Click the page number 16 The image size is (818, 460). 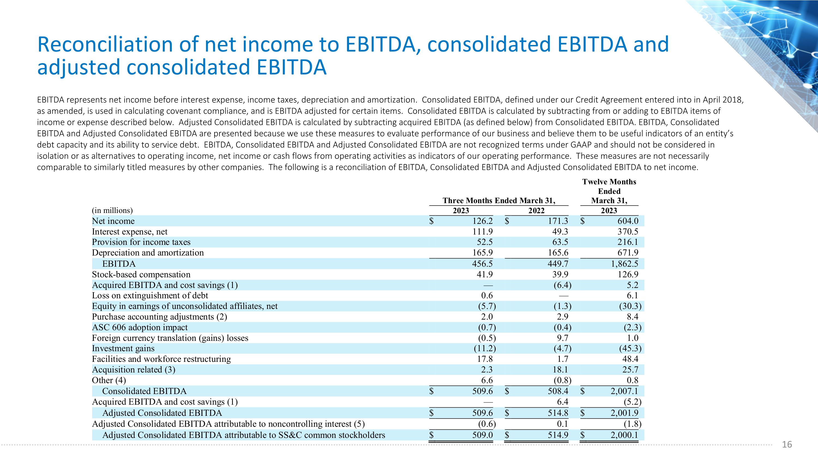[x=787, y=444]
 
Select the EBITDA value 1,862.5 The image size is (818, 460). [x=624, y=264]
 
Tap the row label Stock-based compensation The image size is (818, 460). [x=141, y=274]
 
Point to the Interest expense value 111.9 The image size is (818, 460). [x=482, y=232]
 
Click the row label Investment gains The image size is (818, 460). [x=123, y=348]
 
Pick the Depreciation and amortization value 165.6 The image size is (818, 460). [x=558, y=253]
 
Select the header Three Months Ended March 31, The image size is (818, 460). [x=498, y=201]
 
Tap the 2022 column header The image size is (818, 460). [x=536, y=211]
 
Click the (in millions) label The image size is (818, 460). [x=112, y=211]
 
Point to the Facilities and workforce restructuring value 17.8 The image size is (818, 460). [x=485, y=359]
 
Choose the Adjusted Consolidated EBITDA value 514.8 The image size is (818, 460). [x=558, y=413]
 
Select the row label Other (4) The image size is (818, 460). [x=109, y=380]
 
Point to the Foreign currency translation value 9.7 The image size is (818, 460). [x=562, y=338]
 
